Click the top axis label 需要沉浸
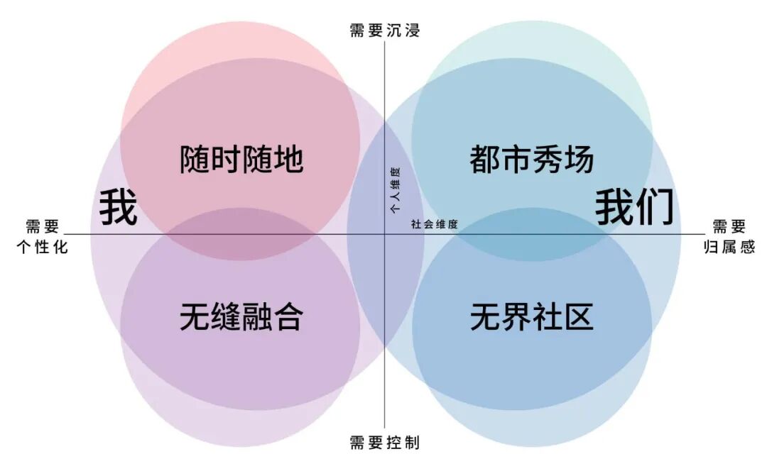pos(384,31)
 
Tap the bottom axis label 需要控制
pos(384,443)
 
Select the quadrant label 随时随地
pos(241,160)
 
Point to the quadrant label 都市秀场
pos(531,160)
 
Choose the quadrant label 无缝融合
pos(241,317)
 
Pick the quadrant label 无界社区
pos(531,317)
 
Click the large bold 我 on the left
pos(118,206)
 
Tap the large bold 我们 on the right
pos(634,206)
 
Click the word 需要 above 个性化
pos(43,227)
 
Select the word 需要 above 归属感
pos(729,227)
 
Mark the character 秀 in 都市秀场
pos(547,160)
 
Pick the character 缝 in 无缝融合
pos(226,317)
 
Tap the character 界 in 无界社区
pos(516,317)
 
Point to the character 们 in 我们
pos(654,206)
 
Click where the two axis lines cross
pos(385,235)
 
